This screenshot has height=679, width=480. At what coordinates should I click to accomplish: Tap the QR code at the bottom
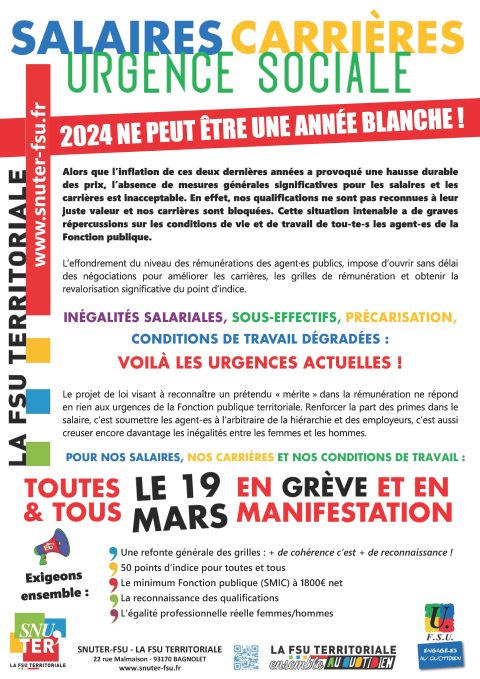(x=246, y=656)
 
